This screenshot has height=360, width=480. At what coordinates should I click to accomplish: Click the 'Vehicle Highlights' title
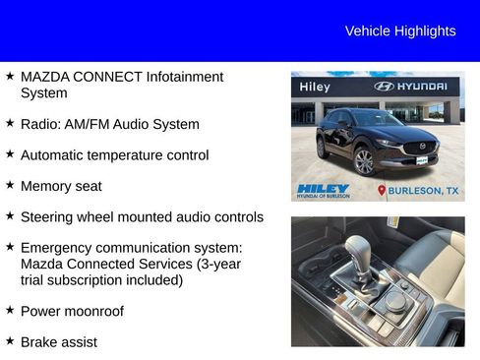pos(400,31)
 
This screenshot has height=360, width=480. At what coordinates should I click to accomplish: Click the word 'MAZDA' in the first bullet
pos(44,77)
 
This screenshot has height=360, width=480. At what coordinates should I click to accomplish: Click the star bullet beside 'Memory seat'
pos(10,185)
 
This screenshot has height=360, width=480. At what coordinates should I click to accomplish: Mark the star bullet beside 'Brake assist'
pos(10,340)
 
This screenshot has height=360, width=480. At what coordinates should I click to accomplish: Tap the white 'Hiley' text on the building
pos(315,87)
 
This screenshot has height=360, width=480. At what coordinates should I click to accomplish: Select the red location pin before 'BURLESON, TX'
pos(383,190)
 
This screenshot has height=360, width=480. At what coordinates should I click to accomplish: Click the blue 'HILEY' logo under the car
pos(323,188)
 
